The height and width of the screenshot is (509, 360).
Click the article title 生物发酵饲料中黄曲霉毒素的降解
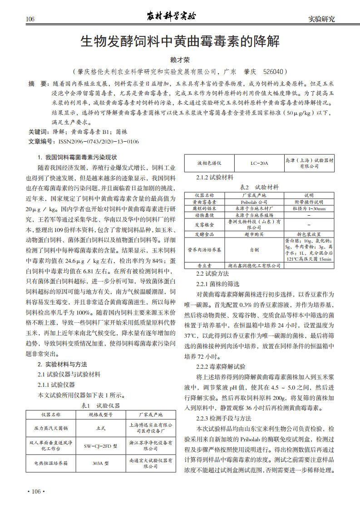click(x=180, y=42)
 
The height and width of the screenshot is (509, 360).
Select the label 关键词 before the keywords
click(x=38, y=132)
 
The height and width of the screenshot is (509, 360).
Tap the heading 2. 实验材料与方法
click(x=63, y=364)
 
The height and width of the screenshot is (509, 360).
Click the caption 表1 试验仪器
click(x=100, y=405)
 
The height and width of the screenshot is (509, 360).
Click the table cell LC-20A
click(x=259, y=163)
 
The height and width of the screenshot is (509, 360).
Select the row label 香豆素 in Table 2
click(x=205, y=265)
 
